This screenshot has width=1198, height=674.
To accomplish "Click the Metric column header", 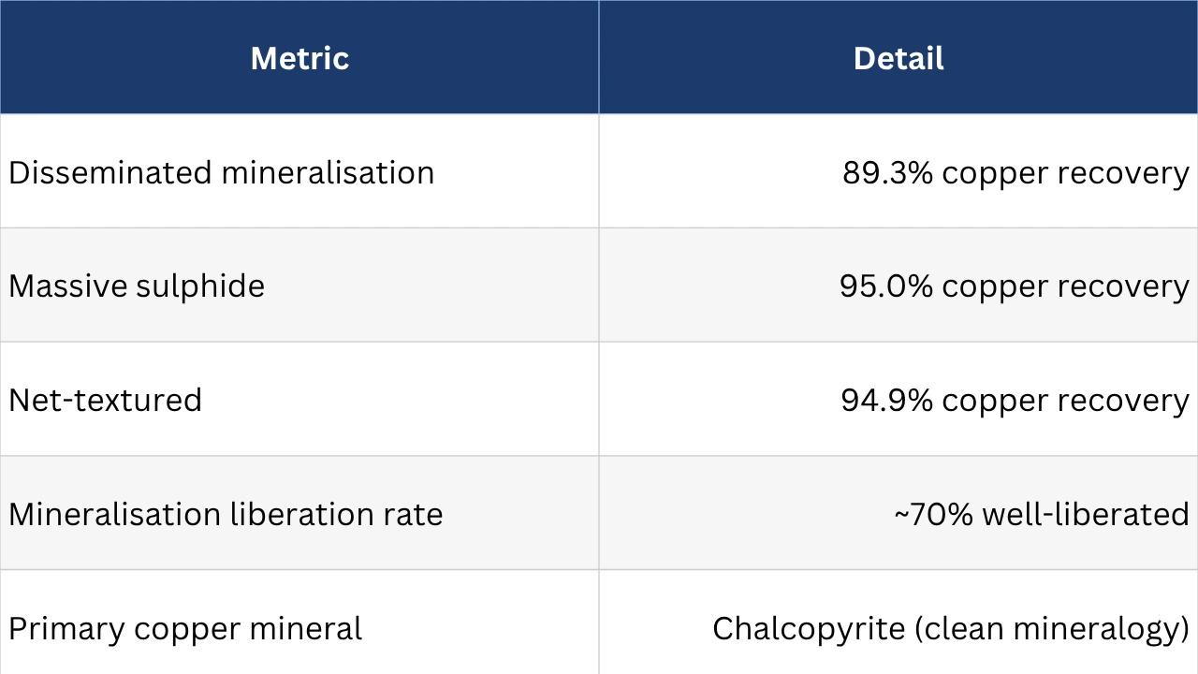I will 299,58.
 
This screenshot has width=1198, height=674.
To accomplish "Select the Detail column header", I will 898,58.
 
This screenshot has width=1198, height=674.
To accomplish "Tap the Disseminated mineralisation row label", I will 222,172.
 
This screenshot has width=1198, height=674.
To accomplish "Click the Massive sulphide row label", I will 137,286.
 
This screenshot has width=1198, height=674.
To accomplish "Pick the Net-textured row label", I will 105,400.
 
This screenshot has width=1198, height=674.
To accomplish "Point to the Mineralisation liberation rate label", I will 226,514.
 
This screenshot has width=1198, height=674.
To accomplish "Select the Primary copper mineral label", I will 185,628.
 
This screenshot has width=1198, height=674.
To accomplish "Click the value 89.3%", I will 887,172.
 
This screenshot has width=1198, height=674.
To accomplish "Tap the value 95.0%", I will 885,286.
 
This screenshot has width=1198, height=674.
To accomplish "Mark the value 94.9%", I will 886,400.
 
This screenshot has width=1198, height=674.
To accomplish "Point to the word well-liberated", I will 1086,514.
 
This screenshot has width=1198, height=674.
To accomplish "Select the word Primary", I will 66,628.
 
